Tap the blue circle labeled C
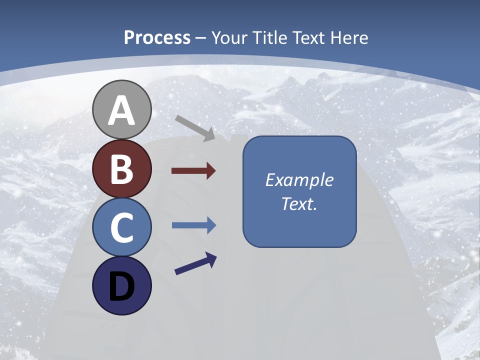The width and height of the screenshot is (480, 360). coord(121,227)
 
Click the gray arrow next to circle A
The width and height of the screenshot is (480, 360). coord(195,128)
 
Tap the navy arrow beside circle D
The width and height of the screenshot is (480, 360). coord(195,263)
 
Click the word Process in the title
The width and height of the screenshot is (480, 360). coord(157,37)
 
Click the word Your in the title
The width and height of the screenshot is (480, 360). coord(231,37)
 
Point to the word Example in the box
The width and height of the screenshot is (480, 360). coord(299,180)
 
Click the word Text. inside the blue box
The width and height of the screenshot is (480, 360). coord(299,204)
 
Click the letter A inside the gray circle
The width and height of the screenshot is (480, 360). coord(121,111)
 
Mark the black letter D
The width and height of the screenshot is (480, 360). coord(121,287)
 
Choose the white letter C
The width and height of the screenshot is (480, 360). coord(121,228)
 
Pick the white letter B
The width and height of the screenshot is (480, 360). coord(121,169)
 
